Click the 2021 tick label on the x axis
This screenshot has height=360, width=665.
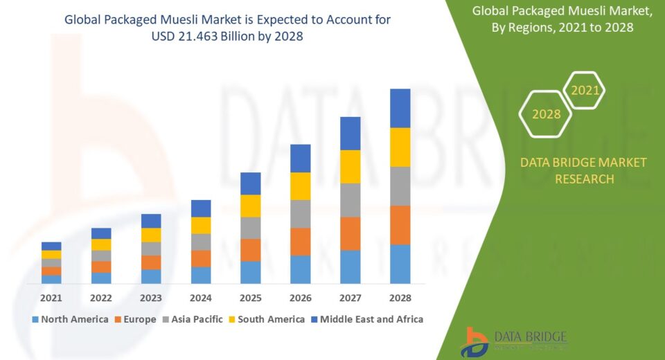pyautogui.click(x=51, y=298)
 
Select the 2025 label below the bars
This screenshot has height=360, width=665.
pyautogui.click(x=251, y=298)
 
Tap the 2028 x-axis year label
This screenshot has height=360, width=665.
pyautogui.click(x=400, y=298)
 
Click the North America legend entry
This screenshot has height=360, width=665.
pyautogui.click(x=70, y=319)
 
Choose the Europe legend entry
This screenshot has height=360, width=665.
pyautogui.click(x=135, y=319)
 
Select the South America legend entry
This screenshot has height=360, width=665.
pyautogui.click(x=267, y=319)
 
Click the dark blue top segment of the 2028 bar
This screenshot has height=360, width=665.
pyautogui.click(x=400, y=108)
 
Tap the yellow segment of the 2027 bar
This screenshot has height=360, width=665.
pyautogui.click(x=350, y=166)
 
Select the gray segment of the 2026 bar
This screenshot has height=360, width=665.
pyautogui.click(x=300, y=214)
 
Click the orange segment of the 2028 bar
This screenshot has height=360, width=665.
pyautogui.click(x=400, y=225)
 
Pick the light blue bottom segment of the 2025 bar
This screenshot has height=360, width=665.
pyautogui.click(x=251, y=272)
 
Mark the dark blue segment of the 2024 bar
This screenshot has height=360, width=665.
pyautogui.click(x=201, y=208)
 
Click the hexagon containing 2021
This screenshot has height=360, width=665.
pyautogui.click(x=585, y=90)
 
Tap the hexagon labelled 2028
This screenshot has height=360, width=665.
pyautogui.click(x=546, y=114)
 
